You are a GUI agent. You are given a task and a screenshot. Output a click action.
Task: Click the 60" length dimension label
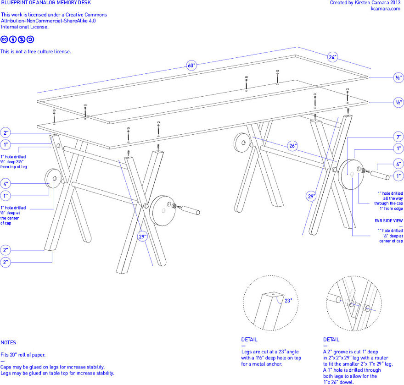click(191, 65)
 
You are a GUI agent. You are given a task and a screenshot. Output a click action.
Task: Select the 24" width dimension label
click(332, 57)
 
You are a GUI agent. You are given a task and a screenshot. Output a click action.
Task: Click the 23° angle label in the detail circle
click(288, 301)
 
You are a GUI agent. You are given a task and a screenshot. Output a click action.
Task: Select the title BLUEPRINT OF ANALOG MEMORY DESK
click(46, 3)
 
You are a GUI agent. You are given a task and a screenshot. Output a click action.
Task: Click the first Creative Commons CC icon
click(4, 39)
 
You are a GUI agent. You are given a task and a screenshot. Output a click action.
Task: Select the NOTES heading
click(8, 342)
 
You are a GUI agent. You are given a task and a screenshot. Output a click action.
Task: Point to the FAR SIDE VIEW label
click(389, 221)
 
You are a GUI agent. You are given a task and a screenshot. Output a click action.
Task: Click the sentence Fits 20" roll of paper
click(23, 355)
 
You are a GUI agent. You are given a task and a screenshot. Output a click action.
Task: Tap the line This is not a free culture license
click(36, 51)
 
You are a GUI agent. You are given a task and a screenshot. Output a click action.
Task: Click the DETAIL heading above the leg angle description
click(249, 340)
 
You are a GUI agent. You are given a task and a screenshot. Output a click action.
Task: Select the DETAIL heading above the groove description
click(331, 340)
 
